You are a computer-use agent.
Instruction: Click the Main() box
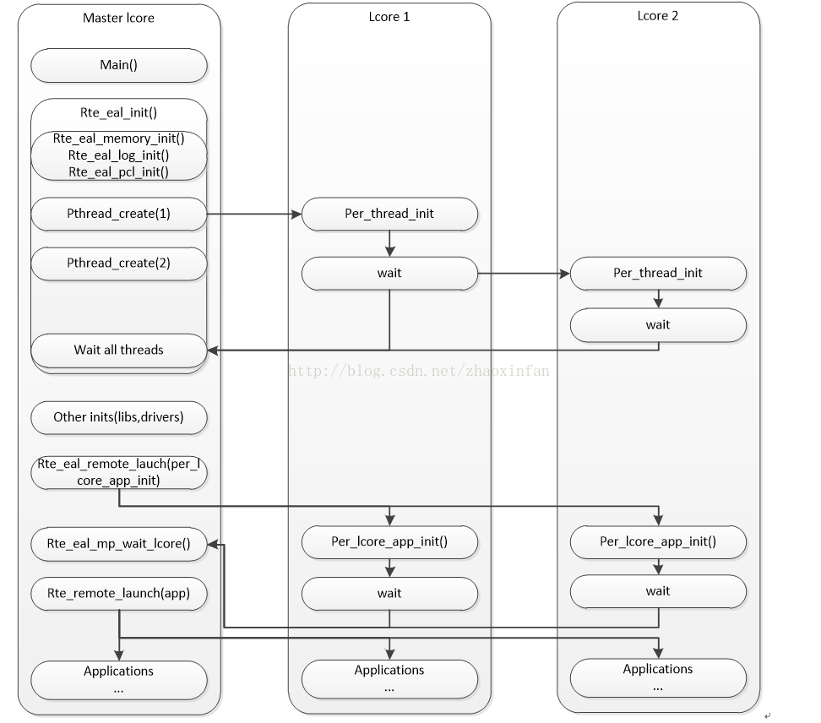pyautogui.click(x=119, y=65)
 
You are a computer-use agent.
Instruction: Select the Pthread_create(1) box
pyautogui.click(x=119, y=214)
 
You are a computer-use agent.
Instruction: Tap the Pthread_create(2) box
pyautogui.click(x=119, y=264)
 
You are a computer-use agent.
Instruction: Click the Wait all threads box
pyautogui.click(x=119, y=351)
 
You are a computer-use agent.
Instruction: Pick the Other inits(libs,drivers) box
pyautogui.click(x=119, y=417)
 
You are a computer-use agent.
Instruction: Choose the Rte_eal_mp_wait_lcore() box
pyautogui.click(x=119, y=544)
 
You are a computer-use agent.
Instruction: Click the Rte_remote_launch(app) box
pyautogui.click(x=119, y=593)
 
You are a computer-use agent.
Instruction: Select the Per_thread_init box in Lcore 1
pyautogui.click(x=389, y=214)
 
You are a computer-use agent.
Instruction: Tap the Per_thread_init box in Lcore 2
pyautogui.click(x=658, y=274)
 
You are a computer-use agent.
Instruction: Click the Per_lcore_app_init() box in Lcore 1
pyautogui.click(x=389, y=542)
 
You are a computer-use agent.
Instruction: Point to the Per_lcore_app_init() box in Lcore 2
pyautogui.click(x=658, y=542)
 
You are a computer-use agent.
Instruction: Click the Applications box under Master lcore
pyautogui.click(x=119, y=680)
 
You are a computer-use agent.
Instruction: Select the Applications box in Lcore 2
pyautogui.click(x=658, y=677)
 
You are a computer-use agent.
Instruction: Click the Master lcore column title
pyautogui.click(x=119, y=19)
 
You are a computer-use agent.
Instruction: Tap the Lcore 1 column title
pyautogui.click(x=389, y=17)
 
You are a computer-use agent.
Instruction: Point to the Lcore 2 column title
pyautogui.click(x=658, y=16)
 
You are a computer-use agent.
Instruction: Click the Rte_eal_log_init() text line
pyautogui.click(x=119, y=155)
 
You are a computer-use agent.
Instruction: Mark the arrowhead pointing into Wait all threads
pyautogui.click(x=213, y=351)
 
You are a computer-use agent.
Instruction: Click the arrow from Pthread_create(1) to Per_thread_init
pyautogui.click(x=254, y=214)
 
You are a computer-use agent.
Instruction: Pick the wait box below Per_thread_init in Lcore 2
pyautogui.click(x=658, y=325)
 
